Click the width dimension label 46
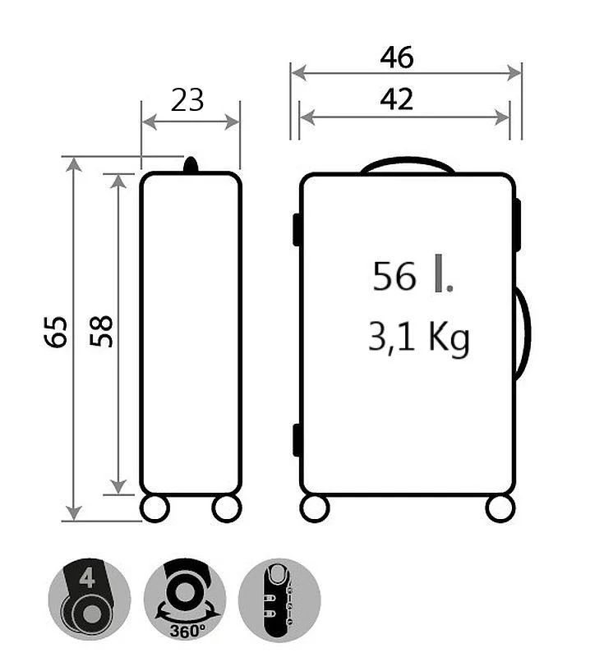coord(396,57)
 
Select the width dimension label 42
coord(396,99)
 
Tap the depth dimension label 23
coord(187,100)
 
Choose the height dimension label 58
coord(101,331)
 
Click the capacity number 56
coord(394,277)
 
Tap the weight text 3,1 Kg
coord(418,338)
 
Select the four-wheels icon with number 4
coord(89,599)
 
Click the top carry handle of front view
coord(408,164)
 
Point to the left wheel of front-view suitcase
coord(315,508)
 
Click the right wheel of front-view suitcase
coord(500,508)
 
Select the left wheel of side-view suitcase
coord(154,508)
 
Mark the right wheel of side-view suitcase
coord(226,508)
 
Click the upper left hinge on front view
coord(297,229)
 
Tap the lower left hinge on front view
coord(297,439)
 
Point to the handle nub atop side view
coord(191,165)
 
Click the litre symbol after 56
coord(444,276)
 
